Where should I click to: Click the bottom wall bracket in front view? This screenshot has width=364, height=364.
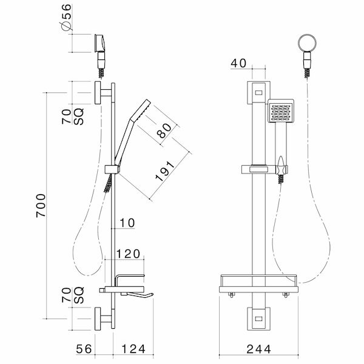[x=257, y=317]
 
